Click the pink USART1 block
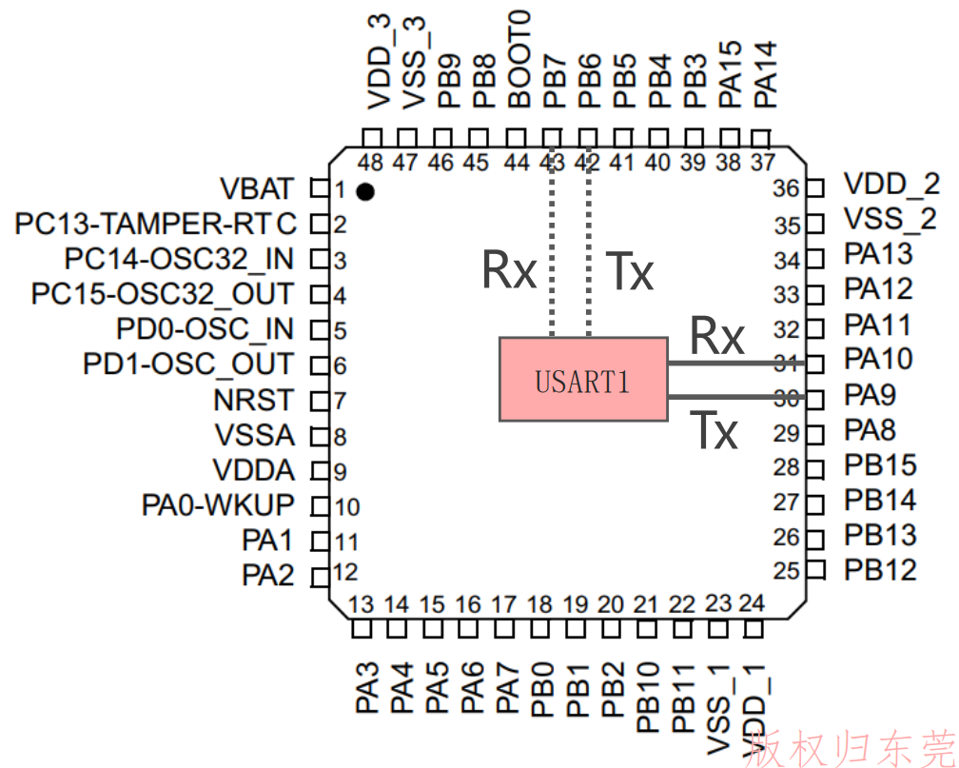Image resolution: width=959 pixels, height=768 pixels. [x=583, y=379]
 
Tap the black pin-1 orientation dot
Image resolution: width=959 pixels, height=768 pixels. [x=365, y=192]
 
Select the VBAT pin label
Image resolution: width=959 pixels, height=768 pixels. [x=257, y=189]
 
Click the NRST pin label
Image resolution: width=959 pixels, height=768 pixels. [x=254, y=401]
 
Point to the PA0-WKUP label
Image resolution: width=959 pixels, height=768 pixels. [x=218, y=505]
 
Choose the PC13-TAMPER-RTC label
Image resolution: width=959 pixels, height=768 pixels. [x=155, y=224]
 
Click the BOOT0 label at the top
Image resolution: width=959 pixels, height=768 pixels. [x=519, y=59]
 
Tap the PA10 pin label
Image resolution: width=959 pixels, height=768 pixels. [x=878, y=359]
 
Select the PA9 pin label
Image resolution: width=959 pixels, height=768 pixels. [x=870, y=395]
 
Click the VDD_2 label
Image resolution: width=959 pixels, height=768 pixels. [x=891, y=184]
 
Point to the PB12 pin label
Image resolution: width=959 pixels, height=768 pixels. [x=880, y=570]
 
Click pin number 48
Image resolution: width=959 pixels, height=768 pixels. [x=370, y=163]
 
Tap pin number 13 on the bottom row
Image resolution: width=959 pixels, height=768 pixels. [x=361, y=604]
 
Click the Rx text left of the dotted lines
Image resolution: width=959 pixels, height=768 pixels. [x=509, y=269]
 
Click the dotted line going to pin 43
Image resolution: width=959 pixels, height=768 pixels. [x=552, y=242]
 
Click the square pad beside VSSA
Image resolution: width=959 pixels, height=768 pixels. [x=320, y=436]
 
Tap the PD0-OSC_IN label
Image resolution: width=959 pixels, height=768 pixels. [x=205, y=329]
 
